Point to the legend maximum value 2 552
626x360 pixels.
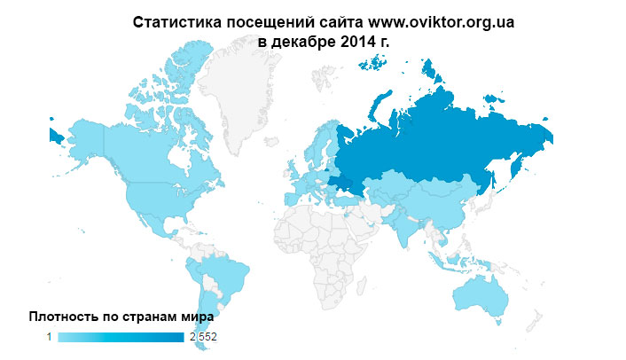(202, 337)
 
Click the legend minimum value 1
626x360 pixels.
(50, 337)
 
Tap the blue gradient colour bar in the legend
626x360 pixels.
(120, 337)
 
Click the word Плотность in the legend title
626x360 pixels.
(64, 316)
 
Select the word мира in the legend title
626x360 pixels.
(199, 316)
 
